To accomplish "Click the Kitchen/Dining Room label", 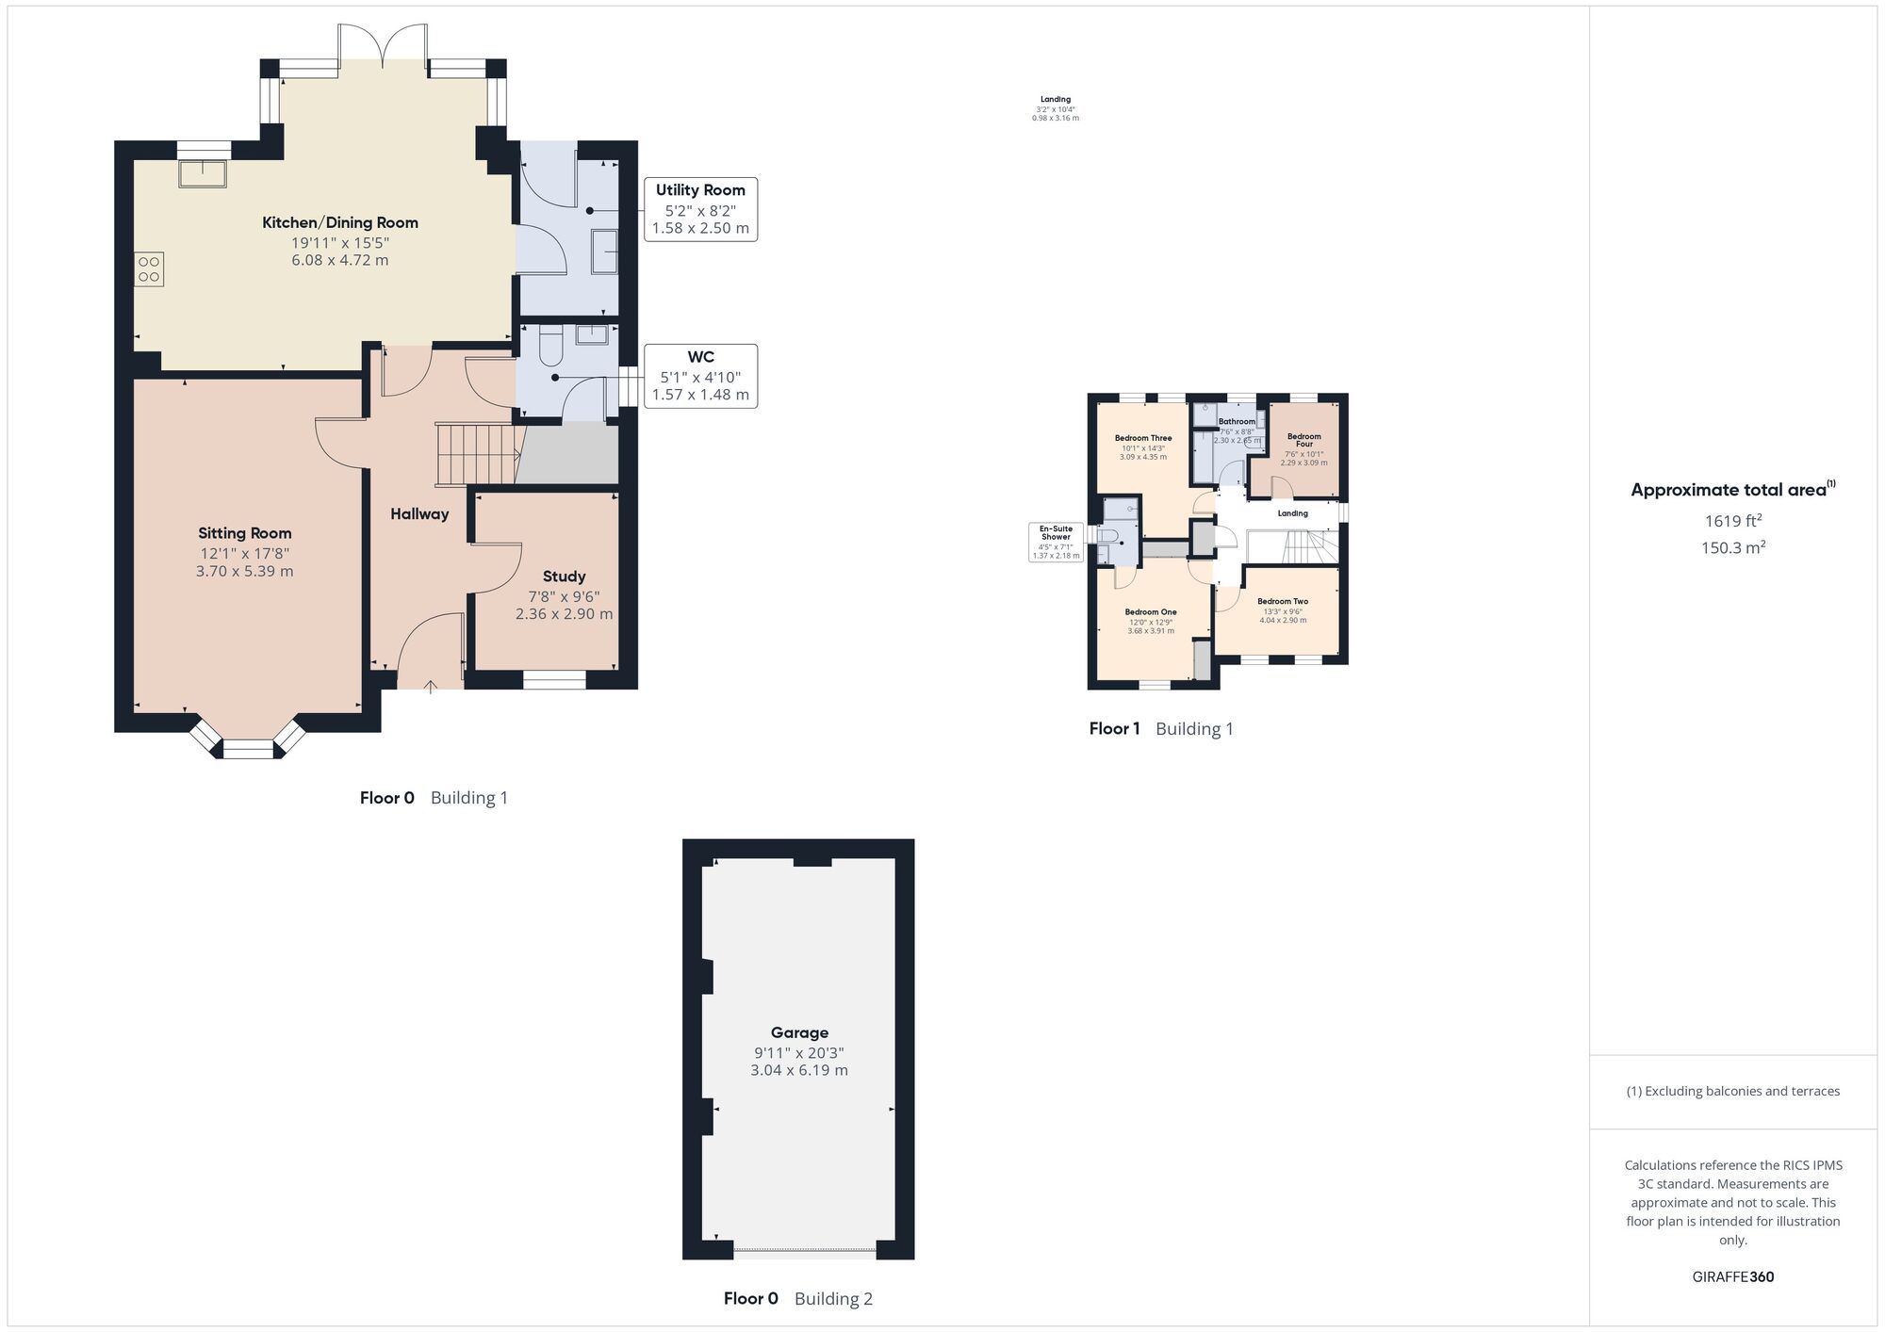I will point(339,223).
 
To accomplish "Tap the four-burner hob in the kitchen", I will point(149,268).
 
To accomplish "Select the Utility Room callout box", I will point(700,208).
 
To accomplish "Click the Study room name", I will point(564,577).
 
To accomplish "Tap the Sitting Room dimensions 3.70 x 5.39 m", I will point(245,572).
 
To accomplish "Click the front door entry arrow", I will point(430,687).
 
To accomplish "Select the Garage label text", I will point(799,1032).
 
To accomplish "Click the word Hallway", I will point(419,514).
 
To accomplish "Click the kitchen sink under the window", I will point(203,174).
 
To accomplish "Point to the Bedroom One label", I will point(1151,612).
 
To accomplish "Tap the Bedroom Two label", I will point(1282,601).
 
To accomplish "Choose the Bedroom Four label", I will point(1303,440).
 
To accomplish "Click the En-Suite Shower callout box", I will point(1056,543).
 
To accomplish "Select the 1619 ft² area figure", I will point(1732,521).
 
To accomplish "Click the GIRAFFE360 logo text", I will point(1732,1277).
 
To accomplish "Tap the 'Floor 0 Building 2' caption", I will point(797,1299).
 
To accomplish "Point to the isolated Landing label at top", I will point(1055,100).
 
